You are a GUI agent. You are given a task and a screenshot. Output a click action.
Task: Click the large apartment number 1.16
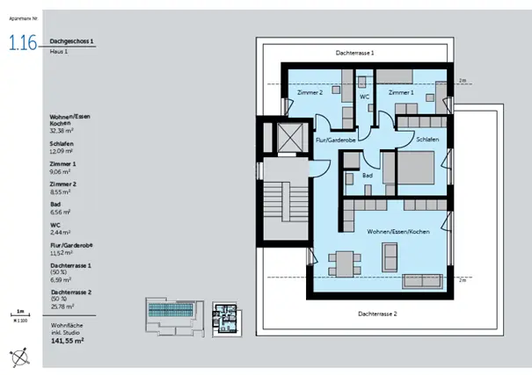(x=22, y=44)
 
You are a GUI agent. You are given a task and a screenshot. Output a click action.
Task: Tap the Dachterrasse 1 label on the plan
(x=355, y=54)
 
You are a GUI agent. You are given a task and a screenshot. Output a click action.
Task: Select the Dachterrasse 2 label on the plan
(x=378, y=314)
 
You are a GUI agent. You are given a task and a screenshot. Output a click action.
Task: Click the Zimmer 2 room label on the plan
(x=310, y=92)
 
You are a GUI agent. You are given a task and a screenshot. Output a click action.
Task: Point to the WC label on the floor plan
(x=363, y=97)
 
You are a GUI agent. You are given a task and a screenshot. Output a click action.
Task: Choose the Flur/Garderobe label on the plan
(x=334, y=140)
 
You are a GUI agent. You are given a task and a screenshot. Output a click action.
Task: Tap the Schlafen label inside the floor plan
(x=427, y=140)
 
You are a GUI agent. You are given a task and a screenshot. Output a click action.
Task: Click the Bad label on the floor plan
(x=368, y=176)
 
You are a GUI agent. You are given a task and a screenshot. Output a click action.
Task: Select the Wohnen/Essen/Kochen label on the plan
(x=397, y=230)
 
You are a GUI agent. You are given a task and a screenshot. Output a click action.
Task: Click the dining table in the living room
(x=343, y=262)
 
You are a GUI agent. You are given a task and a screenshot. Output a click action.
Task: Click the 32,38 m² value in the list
(x=63, y=130)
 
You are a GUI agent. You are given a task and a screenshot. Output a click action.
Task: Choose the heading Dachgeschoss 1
(x=73, y=41)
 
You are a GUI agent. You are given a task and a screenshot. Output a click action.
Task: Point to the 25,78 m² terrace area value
(x=63, y=306)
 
